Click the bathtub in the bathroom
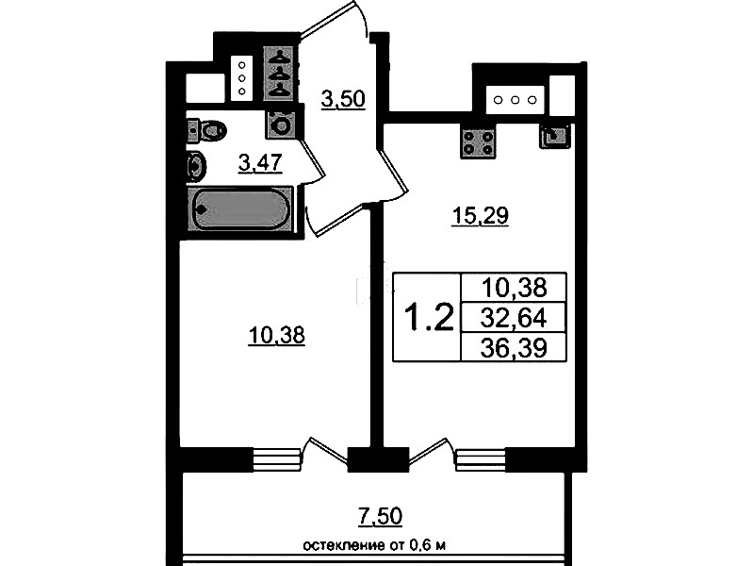240,209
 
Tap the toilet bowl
207,130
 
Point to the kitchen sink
555,136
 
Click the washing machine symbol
279,125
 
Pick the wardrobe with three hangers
280,73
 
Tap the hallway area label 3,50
343,100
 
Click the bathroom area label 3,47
260,162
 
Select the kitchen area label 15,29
481,216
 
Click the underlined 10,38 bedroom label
277,335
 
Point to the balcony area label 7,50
380,516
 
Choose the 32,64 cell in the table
514,317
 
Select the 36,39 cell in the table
514,347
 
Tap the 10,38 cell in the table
514,288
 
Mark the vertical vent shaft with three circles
242,78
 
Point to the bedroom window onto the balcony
277,459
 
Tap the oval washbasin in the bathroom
196,166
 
